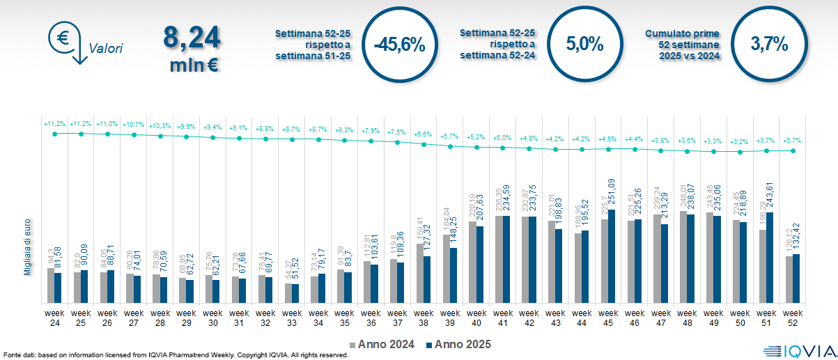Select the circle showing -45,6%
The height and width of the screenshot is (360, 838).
399,45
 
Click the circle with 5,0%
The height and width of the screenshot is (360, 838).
584,45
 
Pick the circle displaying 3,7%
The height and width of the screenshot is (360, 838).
769,45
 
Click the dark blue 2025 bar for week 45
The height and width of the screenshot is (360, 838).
612,256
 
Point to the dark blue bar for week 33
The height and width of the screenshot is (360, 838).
295,293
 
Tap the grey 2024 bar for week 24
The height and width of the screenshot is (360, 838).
50,285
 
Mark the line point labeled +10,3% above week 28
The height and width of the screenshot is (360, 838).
160,136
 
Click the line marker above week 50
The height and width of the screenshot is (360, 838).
740,151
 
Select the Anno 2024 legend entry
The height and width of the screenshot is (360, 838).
382,344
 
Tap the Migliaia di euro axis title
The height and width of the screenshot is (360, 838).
27,245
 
